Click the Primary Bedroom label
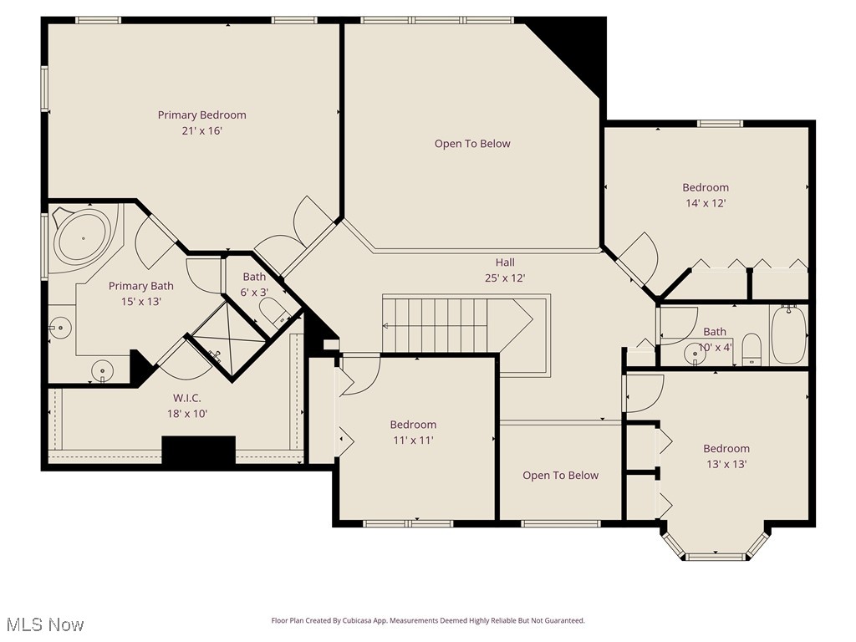(x=202, y=115)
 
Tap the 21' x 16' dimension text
(x=202, y=130)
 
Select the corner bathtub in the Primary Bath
(x=83, y=237)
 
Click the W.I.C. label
(x=187, y=398)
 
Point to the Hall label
(x=505, y=262)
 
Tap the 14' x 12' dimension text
(x=706, y=203)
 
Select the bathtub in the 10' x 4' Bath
(x=787, y=334)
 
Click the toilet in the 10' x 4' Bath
(x=752, y=349)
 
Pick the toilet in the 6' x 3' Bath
(x=273, y=313)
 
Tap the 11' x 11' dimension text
(x=413, y=440)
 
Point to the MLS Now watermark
(x=44, y=624)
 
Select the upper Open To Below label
(x=472, y=144)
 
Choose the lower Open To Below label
(x=560, y=476)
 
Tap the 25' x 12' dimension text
(x=505, y=278)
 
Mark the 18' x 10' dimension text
(x=187, y=414)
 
